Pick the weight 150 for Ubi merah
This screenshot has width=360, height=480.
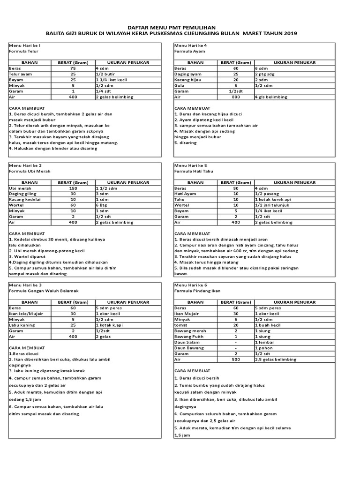point(72,188)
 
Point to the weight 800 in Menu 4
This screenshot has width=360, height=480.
point(236,97)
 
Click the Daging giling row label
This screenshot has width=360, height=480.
point(22,194)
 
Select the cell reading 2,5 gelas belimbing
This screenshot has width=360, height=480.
point(276,359)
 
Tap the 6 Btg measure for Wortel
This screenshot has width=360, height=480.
point(102,205)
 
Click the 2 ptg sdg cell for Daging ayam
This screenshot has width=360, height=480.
point(265,74)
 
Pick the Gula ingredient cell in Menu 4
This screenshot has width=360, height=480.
point(180,85)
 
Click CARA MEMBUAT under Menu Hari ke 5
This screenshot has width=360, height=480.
point(192,233)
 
